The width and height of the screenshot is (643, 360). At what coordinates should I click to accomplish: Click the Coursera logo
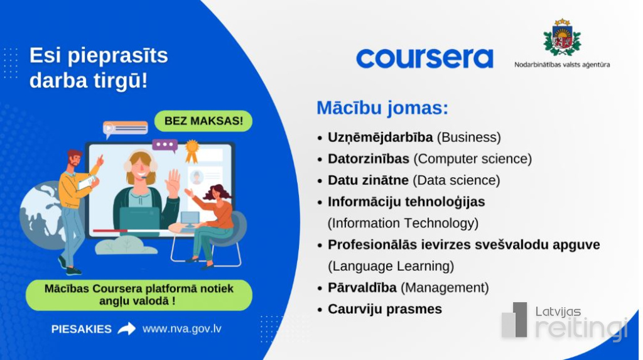tap(424, 58)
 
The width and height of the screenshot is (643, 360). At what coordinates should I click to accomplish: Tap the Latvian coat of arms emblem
tap(562, 37)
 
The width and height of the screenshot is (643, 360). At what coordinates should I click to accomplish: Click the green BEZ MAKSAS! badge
tap(203, 121)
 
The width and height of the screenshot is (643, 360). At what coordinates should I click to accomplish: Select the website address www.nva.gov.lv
tap(181, 329)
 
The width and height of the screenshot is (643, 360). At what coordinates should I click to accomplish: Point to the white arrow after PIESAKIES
tap(127, 329)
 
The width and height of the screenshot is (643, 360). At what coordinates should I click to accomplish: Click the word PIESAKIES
tap(81, 329)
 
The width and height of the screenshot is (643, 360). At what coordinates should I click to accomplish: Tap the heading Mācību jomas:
tap(382, 108)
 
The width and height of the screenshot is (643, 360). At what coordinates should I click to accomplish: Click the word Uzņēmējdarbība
tap(380, 138)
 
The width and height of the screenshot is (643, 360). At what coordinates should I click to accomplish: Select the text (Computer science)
tap(472, 159)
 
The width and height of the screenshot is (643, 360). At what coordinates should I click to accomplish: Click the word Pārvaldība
tap(362, 288)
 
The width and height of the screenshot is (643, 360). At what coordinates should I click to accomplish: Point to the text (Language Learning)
tap(391, 266)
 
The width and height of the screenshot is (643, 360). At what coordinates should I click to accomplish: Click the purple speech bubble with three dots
tap(165, 145)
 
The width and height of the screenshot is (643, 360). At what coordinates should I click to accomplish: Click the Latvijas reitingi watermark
tap(565, 322)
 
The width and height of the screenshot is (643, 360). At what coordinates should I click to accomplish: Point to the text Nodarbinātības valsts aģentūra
tap(562, 65)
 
